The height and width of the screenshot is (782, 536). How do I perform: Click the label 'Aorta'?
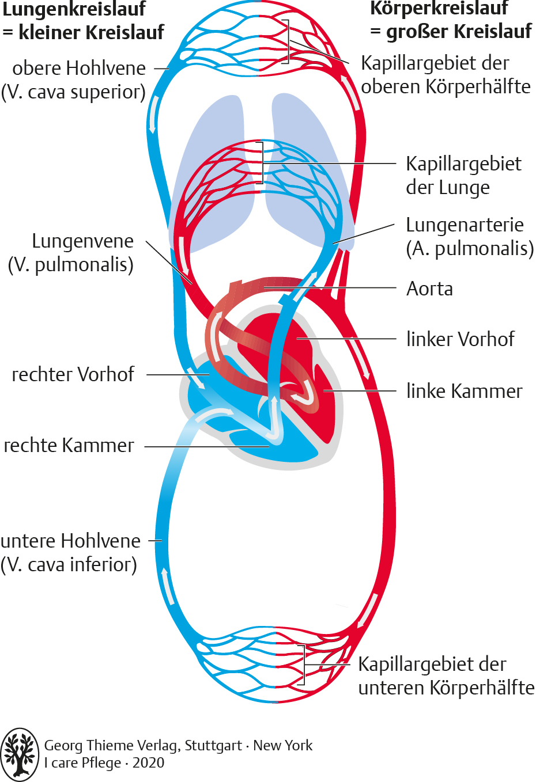click(x=429, y=288)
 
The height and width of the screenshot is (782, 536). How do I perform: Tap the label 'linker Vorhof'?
click(x=460, y=339)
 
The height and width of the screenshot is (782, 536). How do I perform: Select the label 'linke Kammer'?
click(x=464, y=391)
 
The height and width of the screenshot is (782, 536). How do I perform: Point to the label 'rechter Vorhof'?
click(x=73, y=374)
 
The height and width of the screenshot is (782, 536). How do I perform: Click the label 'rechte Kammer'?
click(x=69, y=446)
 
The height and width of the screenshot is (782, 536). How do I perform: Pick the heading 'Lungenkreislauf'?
click(x=74, y=9)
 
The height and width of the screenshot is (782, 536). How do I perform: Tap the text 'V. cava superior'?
click(x=73, y=92)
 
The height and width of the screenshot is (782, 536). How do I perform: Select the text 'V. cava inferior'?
click(x=69, y=565)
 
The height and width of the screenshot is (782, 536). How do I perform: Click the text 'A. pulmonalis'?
click(x=470, y=249)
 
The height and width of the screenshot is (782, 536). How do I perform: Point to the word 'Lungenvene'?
click(x=82, y=241)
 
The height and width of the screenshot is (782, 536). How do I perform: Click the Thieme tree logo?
click(x=20, y=754)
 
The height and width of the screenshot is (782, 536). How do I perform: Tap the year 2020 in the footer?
click(x=148, y=763)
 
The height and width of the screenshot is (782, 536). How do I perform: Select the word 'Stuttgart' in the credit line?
click(x=213, y=745)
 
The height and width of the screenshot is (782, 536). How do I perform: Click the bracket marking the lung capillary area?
click(x=261, y=163)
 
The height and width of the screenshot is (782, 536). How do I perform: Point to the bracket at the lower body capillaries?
click(x=303, y=665)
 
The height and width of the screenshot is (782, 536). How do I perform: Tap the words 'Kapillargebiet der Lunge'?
click(x=463, y=176)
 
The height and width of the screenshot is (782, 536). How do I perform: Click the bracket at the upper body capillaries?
click(x=286, y=41)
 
